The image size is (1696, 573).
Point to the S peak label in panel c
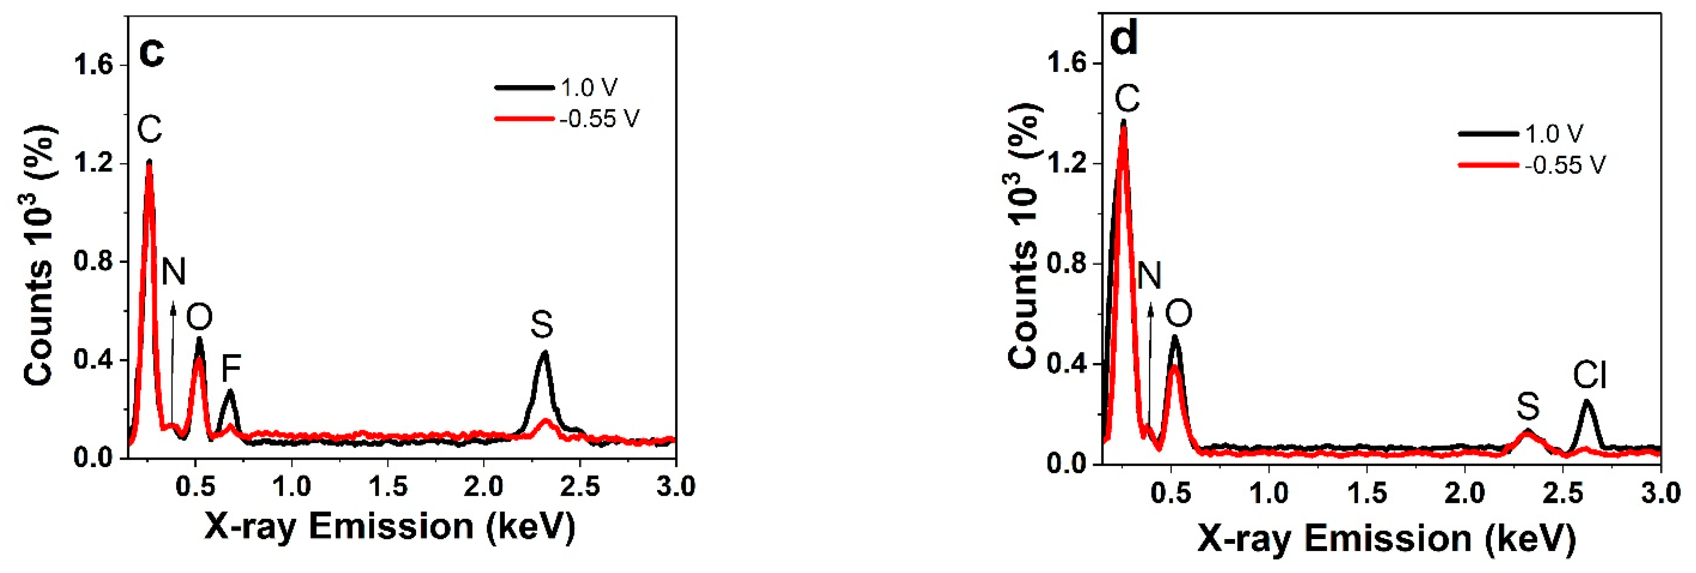click(542, 325)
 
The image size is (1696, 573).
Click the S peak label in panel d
click(1528, 406)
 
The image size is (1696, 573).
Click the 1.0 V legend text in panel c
click(589, 88)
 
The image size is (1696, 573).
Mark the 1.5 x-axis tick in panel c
click(388, 487)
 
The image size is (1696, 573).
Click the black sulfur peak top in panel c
click(544, 353)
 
